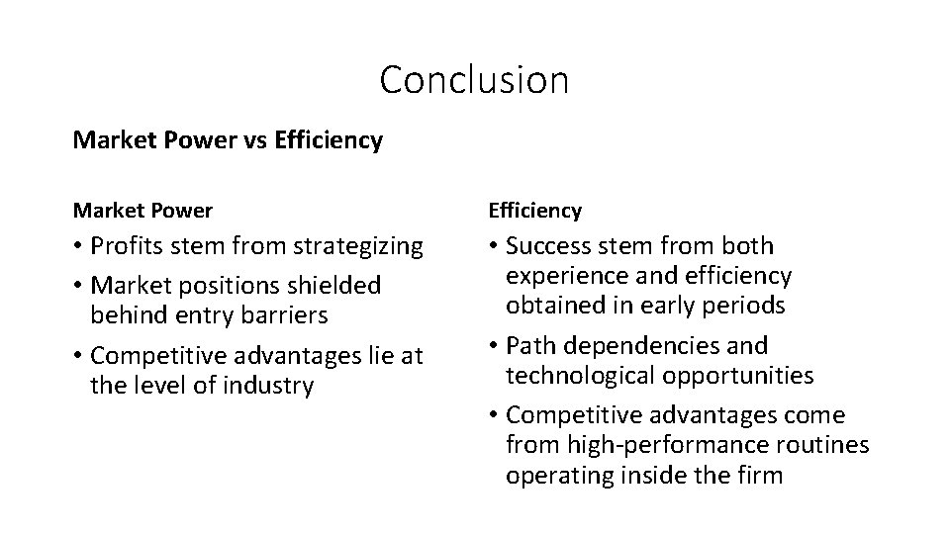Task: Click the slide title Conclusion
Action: tap(474, 80)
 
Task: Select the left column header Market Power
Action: tap(142, 211)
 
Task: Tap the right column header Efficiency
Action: tap(534, 211)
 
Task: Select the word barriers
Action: tap(285, 314)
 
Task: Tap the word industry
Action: tap(264, 385)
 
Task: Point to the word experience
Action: tap(566, 276)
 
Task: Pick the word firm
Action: tap(760, 476)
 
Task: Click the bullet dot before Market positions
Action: tap(78, 286)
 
